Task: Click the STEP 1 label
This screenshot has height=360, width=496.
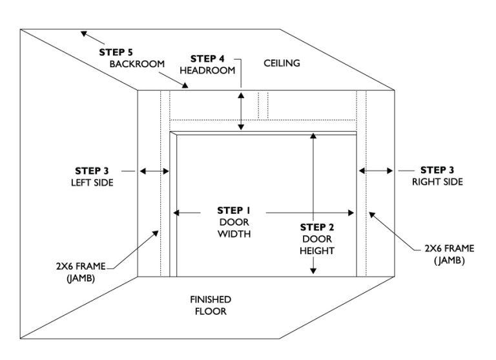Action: [234, 211]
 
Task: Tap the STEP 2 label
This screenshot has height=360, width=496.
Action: [317, 227]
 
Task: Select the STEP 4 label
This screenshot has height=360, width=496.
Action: [207, 59]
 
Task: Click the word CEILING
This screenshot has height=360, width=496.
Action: [282, 63]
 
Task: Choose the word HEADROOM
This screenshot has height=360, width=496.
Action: [208, 71]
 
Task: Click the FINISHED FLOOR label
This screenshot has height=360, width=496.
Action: [211, 305]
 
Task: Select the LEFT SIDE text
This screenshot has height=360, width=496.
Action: [92, 183]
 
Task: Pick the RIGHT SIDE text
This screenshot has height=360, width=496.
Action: [437, 182]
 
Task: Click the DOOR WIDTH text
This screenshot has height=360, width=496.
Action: [234, 228]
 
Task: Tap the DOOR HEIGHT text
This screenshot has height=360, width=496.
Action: [317, 244]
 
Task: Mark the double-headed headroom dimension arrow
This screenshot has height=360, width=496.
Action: [241, 111]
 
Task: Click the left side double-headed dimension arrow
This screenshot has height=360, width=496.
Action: [155, 171]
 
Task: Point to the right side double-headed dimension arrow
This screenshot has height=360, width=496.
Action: [375, 171]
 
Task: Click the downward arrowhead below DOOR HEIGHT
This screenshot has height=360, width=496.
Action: [313, 269]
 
